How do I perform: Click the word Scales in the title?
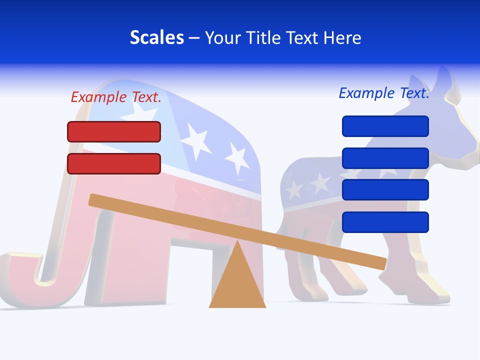click(156, 37)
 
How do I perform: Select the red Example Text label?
click(116, 97)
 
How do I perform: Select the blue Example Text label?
click(384, 93)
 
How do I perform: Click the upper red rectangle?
click(114, 131)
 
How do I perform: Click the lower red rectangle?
click(114, 163)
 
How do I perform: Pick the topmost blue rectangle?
click(385, 126)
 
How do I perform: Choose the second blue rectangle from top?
click(385, 158)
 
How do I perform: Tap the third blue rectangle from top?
click(385, 190)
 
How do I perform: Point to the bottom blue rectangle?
click(385, 222)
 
